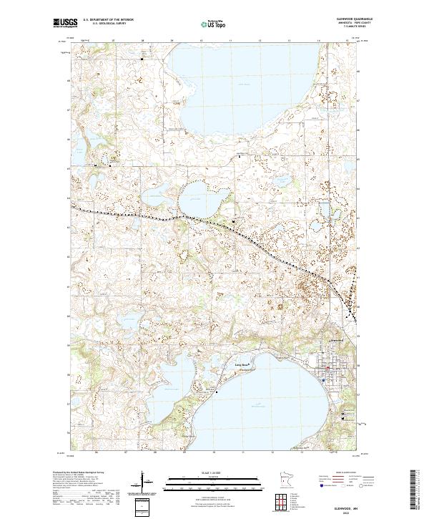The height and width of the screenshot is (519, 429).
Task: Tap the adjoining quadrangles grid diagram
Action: click(283, 501)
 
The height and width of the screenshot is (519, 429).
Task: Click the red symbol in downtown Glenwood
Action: click(327, 369)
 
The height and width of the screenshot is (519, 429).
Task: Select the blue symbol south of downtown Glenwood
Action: click(323, 380)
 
